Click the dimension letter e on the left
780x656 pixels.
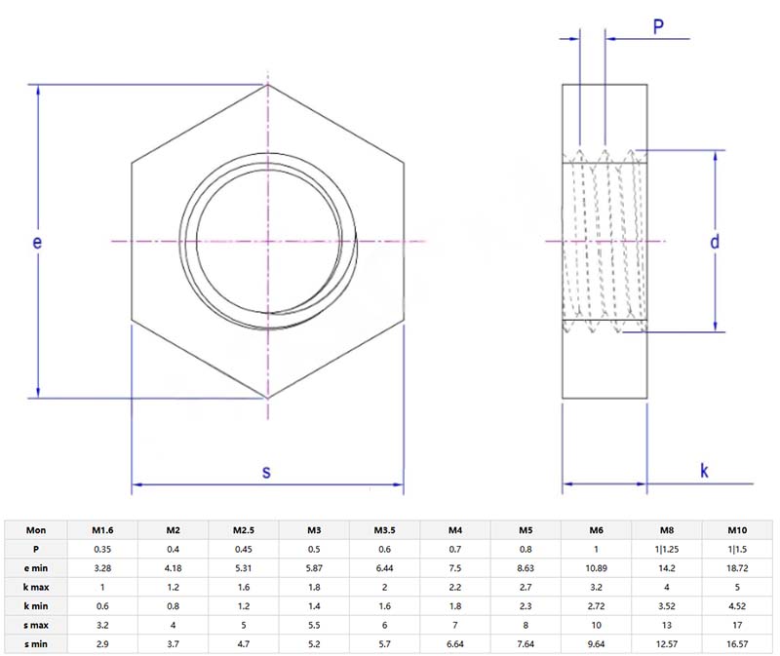click(37, 243)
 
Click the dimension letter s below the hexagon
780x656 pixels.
click(266, 472)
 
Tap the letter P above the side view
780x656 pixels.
click(659, 27)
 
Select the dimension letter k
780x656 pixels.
click(704, 471)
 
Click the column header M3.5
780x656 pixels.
click(384, 530)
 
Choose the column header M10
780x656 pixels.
click(736, 530)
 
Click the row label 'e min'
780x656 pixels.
click(36, 568)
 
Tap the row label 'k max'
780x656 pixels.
click(36, 587)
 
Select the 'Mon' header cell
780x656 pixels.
click(36, 530)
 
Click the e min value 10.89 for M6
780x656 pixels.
click(596, 568)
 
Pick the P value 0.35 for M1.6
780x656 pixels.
click(102, 549)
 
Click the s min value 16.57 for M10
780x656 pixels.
click(736, 644)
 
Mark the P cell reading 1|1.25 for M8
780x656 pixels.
click(666, 549)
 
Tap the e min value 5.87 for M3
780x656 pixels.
click(314, 568)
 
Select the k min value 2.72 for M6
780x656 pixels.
click(596, 606)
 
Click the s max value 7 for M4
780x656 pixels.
click(454, 625)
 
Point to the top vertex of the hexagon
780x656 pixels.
click(267, 85)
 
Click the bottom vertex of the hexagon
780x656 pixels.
click(267, 398)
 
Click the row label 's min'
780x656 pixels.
click(36, 644)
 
